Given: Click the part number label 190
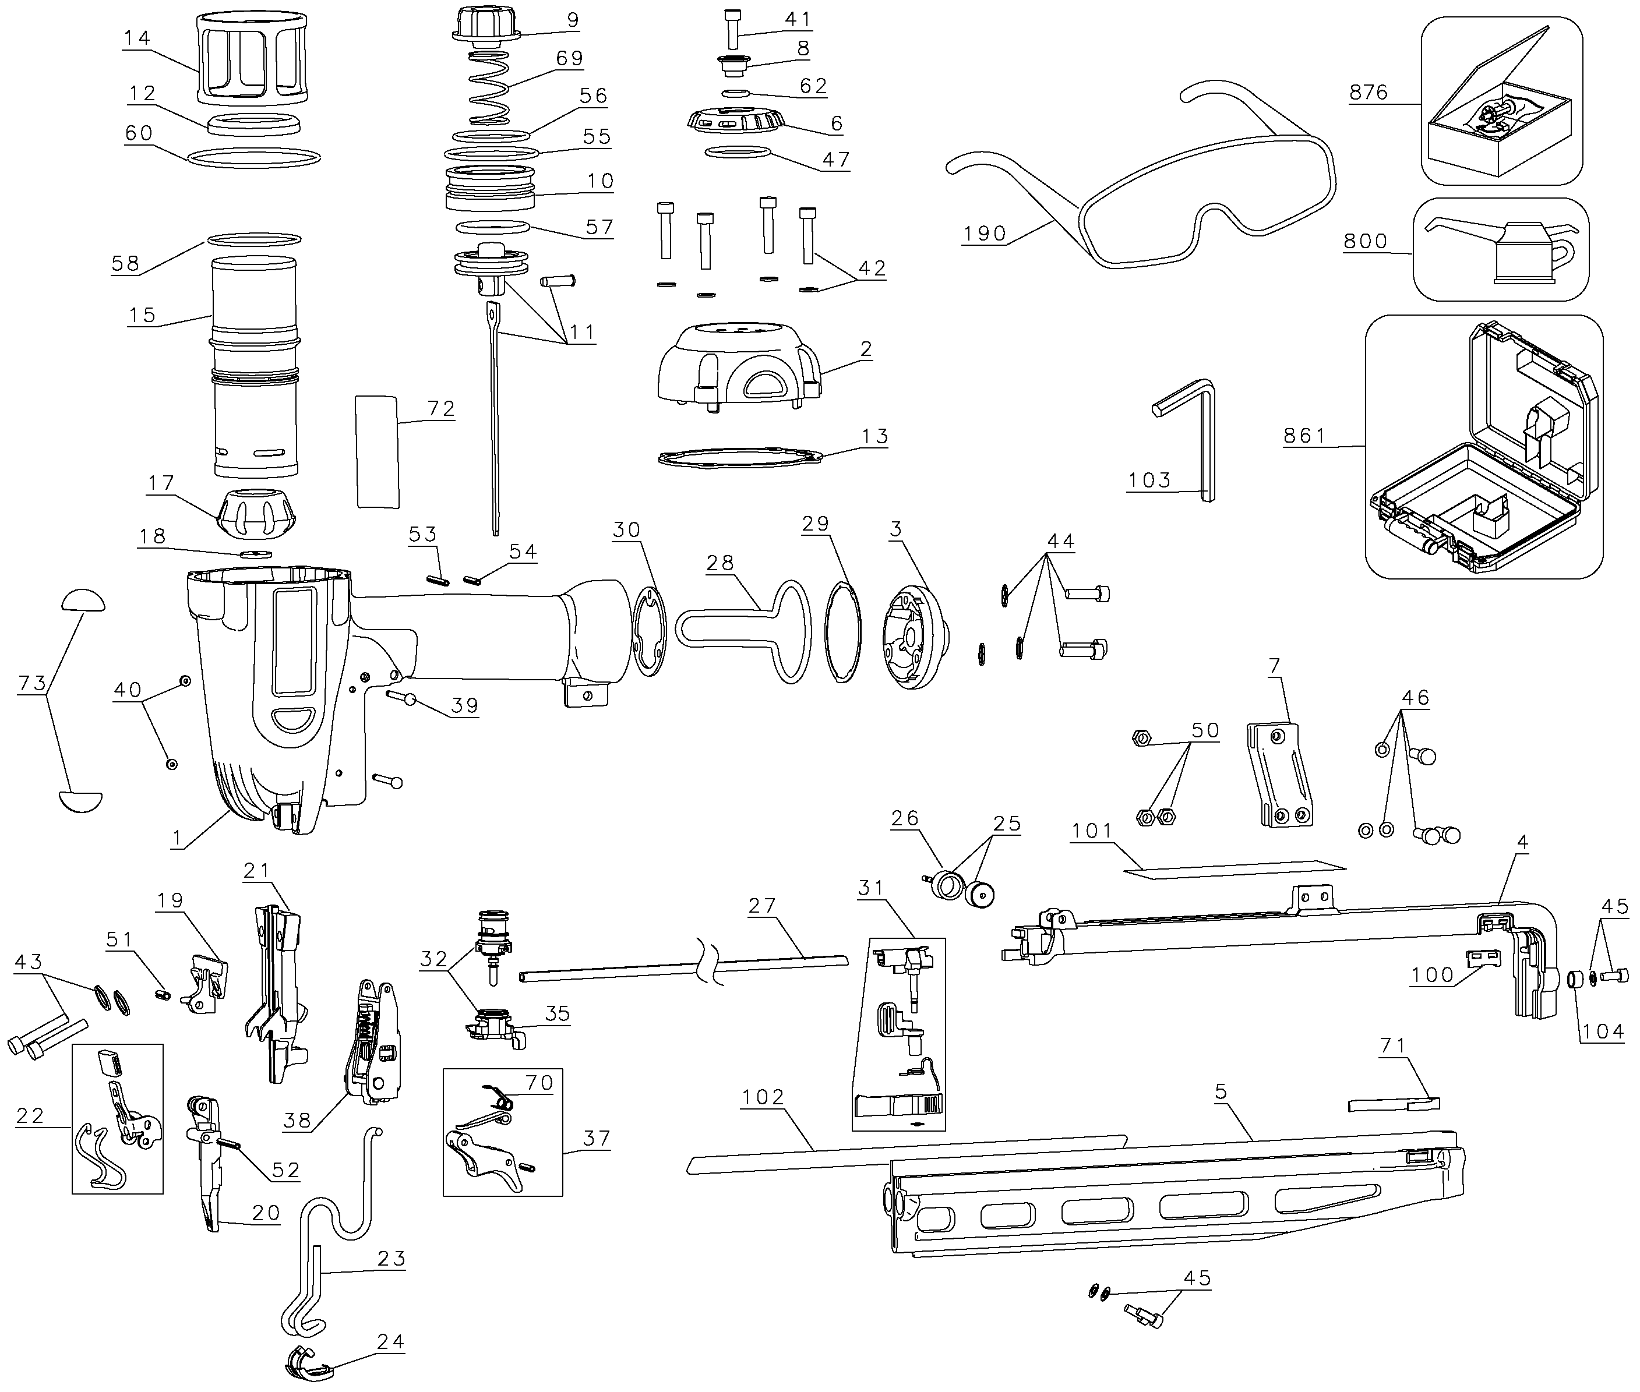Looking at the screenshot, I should (x=984, y=234).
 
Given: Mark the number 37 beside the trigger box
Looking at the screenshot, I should (x=597, y=1139).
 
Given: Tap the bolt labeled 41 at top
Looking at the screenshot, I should (x=733, y=29).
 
